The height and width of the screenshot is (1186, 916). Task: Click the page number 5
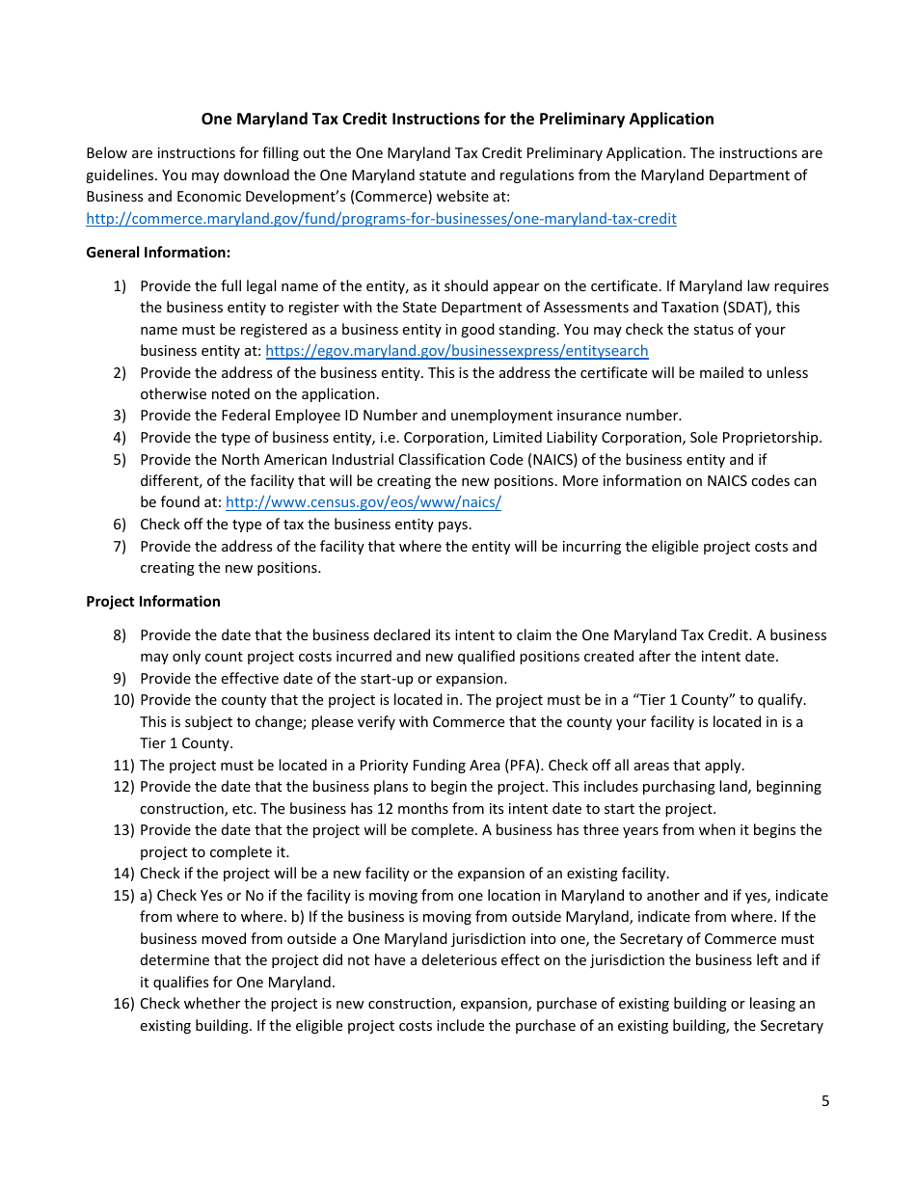click(824, 1101)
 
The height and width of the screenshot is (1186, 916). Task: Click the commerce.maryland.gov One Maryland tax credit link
click(381, 219)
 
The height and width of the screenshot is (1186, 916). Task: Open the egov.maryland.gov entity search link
click(456, 351)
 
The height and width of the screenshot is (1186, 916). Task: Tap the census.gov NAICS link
click(363, 502)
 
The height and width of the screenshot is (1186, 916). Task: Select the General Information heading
click(158, 253)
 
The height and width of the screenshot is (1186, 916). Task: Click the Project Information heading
click(153, 602)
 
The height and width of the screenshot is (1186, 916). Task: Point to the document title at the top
click(457, 119)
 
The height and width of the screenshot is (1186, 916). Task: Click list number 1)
click(120, 286)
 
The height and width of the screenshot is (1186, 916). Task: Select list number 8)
click(120, 635)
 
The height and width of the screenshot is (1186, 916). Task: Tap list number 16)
click(122, 1004)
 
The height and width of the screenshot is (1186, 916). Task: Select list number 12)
click(122, 787)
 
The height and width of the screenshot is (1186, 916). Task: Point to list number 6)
click(120, 525)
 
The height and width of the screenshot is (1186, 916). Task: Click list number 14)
click(122, 874)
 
